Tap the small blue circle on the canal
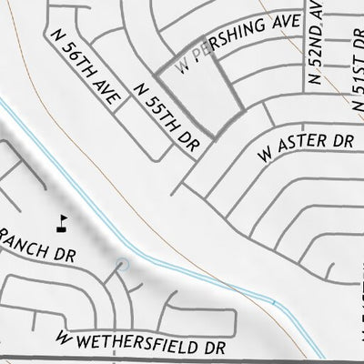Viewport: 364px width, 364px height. tap(124, 264)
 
